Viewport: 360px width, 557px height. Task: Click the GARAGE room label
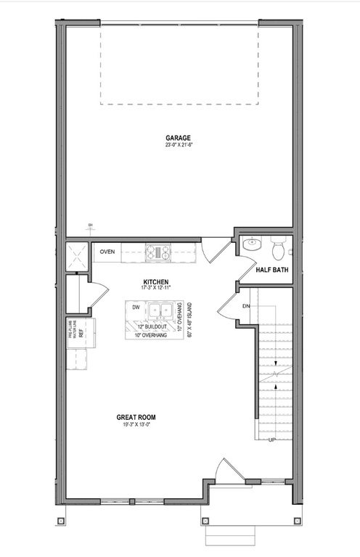coord(178,137)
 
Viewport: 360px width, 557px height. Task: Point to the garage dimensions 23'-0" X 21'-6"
coord(178,144)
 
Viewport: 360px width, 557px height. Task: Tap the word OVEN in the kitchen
coord(107,252)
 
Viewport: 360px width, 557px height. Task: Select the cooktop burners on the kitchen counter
coord(157,252)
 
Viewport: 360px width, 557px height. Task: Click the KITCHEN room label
coord(156,281)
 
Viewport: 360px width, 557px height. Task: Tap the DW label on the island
coord(136,308)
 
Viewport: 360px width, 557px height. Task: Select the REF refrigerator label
coord(80,334)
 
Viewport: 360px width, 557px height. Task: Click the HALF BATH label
coord(272,271)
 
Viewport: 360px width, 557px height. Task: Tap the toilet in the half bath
coord(277,249)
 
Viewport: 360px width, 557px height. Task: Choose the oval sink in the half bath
coord(251,244)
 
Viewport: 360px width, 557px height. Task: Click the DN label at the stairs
coord(245,306)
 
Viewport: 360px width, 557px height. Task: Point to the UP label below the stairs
coord(272,440)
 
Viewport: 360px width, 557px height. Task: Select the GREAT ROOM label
coord(136,417)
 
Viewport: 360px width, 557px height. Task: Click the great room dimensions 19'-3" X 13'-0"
coord(136,425)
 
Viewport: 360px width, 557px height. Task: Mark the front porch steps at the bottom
coord(230,536)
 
